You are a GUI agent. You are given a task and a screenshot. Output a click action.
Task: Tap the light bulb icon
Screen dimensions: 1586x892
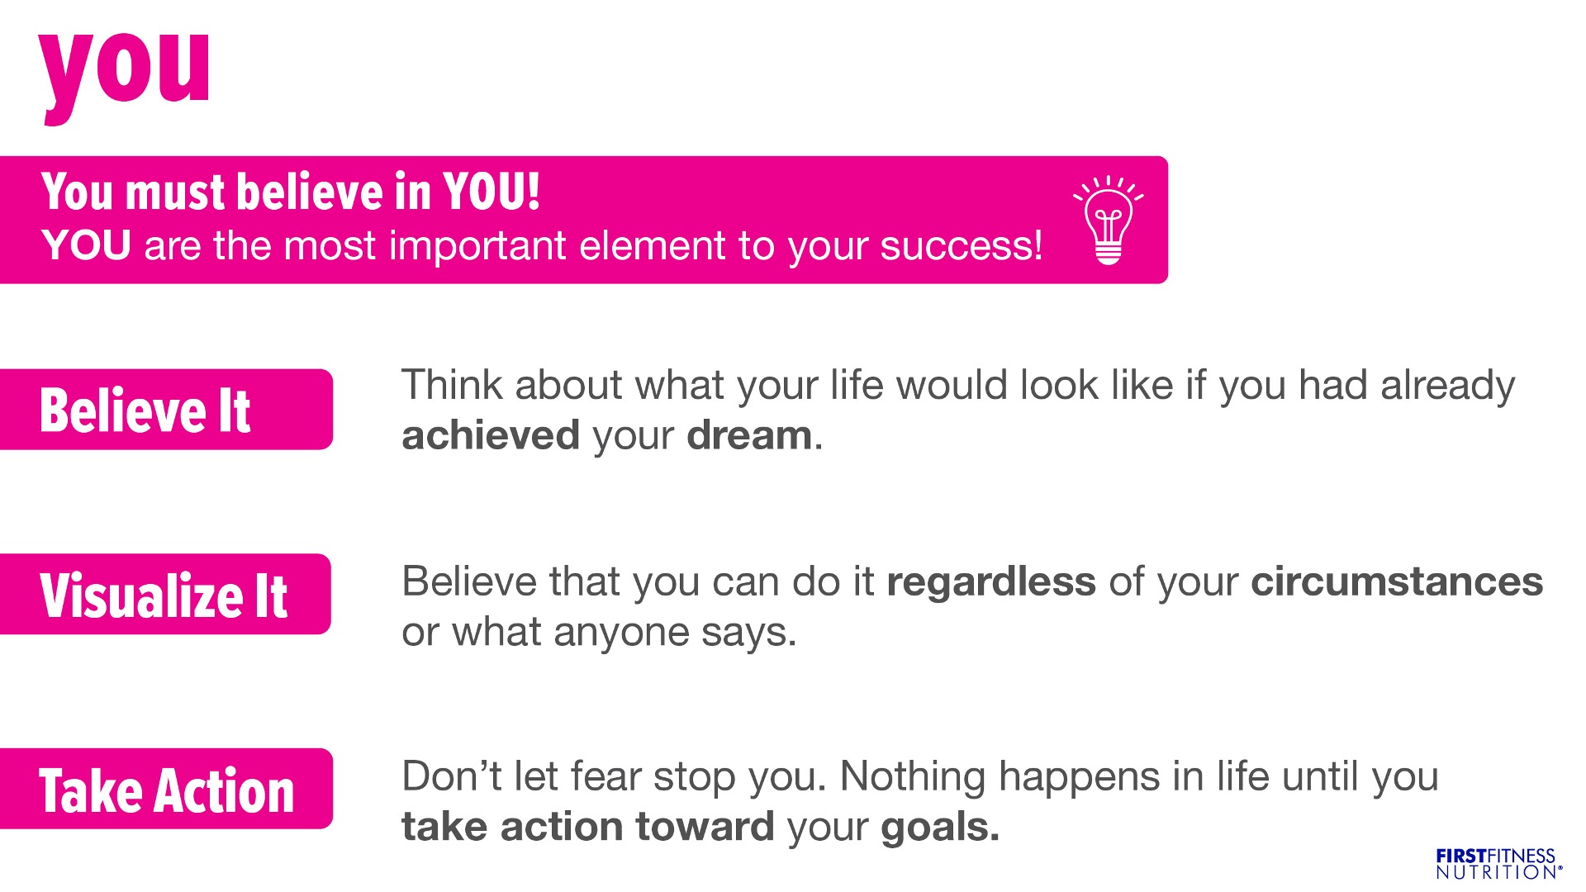click(x=1109, y=221)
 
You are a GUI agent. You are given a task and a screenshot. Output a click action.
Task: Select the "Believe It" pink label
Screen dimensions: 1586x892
click(x=166, y=410)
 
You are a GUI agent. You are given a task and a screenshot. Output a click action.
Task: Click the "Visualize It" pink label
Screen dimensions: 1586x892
click(x=165, y=595)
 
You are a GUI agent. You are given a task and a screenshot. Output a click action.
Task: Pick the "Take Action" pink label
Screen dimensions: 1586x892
click(x=166, y=789)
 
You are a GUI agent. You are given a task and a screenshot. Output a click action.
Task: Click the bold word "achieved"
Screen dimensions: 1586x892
click(x=491, y=435)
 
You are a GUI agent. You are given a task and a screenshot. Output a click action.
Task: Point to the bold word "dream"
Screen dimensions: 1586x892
click(x=749, y=435)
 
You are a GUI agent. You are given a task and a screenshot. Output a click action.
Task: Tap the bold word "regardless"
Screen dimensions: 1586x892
click(x=991, y=582)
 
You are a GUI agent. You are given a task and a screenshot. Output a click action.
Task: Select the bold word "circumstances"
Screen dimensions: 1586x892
click(x=1397, y=582)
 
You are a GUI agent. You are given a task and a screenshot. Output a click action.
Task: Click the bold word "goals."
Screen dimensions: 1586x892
click(x=940, y=828)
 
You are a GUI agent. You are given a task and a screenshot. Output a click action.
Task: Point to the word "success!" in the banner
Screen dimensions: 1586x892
click(x=962, y=246)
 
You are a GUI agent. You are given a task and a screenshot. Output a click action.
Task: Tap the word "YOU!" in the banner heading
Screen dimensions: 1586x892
click(x=491, y=191)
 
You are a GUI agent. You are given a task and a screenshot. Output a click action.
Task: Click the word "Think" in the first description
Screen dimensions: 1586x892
click(x=453, y=386)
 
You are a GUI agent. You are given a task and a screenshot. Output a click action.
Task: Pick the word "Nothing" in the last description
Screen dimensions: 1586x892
click(x=913, y=777)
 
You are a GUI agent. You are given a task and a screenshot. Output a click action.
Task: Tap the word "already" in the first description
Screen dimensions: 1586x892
click(x=1448, y=386)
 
